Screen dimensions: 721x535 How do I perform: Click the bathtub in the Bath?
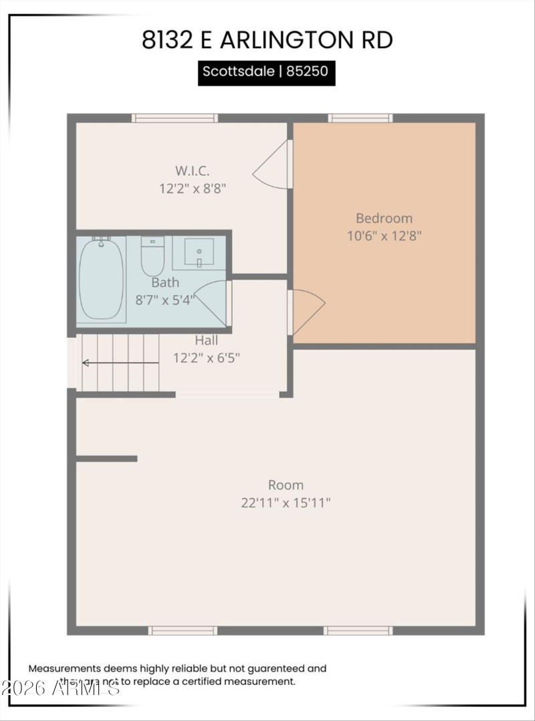coord(101,278)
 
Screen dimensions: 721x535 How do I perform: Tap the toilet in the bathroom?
coord(152,255)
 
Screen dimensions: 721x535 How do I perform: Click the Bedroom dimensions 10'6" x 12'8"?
coord(384,235)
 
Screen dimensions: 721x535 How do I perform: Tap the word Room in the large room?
coord(286,485)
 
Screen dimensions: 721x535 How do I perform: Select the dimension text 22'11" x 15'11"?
coord(286,502)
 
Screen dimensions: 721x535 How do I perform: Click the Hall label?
coord(207,340)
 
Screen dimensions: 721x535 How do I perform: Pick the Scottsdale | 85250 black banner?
coord(266,72)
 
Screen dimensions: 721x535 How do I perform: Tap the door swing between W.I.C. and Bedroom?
coord(272,165)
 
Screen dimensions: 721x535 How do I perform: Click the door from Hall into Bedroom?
coord(306,311)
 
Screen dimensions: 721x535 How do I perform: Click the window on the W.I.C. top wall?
coord(175,118)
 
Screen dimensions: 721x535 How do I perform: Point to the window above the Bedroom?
coord(360,118)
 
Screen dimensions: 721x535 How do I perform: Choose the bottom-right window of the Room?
coord(358,630)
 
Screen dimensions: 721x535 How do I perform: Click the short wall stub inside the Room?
coord(106,459)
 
